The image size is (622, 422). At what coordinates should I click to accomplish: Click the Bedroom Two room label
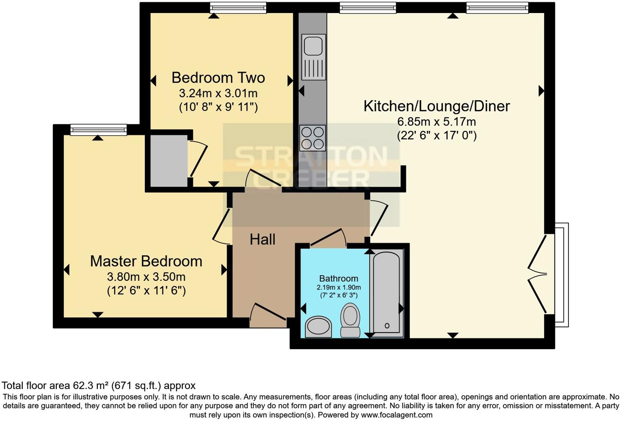pos(218,78)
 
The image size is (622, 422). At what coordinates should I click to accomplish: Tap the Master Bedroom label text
pos(146,261)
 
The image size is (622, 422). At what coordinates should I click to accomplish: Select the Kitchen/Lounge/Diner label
pos(437,106)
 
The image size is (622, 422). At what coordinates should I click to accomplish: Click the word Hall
pos(262,240)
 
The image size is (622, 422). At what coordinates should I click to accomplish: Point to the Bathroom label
pos(338,279)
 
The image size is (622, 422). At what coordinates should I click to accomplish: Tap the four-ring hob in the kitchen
pos(313,138)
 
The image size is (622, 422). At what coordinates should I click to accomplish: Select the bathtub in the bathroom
pos(386,293)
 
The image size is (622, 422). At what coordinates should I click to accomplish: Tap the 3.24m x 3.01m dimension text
pos(218,93)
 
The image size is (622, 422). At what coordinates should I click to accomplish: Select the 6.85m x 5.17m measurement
pos(437,122)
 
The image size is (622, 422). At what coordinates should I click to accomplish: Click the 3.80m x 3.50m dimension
pos(146,277)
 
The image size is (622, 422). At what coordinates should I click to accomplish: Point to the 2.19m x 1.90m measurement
pos(338,287)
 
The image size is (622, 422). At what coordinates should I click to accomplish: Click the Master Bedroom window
pos(98,130)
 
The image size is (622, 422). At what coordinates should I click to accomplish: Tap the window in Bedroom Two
pos(238,8)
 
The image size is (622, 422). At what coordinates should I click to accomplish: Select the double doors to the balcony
pos(540,274)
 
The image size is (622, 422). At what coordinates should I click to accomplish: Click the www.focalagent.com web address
pos(397,415)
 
